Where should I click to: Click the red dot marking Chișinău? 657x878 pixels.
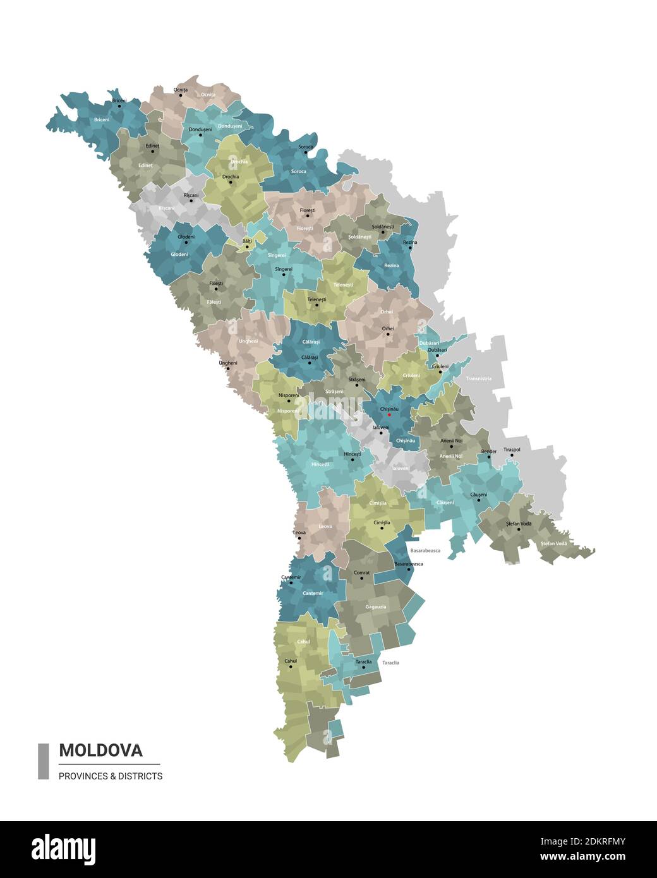[x=389, y=415]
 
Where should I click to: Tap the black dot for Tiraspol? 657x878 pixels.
[x=505, y=454]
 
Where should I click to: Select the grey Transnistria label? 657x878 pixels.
[x=478, y=378]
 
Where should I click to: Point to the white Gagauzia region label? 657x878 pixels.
[x=375, y=607]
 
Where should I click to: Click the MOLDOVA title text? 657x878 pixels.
[x=100, y=750]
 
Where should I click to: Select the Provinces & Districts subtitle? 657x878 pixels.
[x=111, y=776]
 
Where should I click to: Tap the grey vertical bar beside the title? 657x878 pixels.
[x=44, y=761]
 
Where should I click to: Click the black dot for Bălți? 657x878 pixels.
[x=247, y=246]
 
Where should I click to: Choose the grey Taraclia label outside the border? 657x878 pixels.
[x=390, y=663]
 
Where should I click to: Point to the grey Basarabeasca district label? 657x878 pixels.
[x=425, y=551]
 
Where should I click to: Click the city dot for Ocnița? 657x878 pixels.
[x=181, y=95]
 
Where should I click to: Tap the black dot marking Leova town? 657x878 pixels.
[x=299, y=538]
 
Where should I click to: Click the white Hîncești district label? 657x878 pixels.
[x=320, y=464]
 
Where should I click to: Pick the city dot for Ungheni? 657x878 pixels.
[x=228, y=368]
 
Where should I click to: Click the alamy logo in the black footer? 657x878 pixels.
[x=63, y=850]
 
